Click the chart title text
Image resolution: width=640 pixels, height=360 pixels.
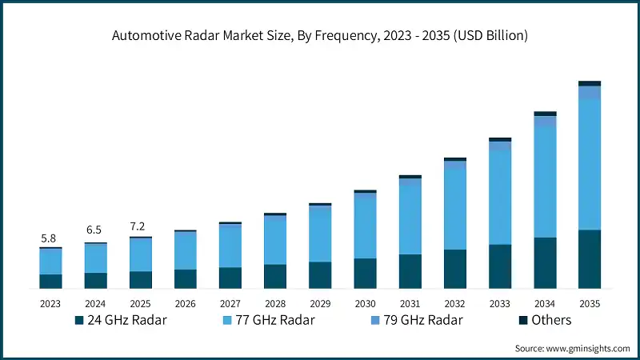pyautogui.click(x=320, y=36)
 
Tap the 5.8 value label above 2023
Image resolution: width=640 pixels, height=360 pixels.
pyautogui.click(x=50, y=238)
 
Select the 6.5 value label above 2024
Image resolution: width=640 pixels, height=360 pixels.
pyautogui.click(x=95, y=230)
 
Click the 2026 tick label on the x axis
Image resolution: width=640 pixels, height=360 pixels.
pyautogui.click(x=185, y=304)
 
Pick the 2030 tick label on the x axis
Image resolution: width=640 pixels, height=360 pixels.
pyautogui.click(x=365, y=304)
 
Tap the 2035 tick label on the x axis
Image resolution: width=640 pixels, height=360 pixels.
pyautogui.click(x=590, y=304)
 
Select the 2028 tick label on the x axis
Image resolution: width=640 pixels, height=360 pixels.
pyautogui.click(x=275, y=304)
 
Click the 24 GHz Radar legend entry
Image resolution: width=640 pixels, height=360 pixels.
pyautogui.click(x=119, y=320)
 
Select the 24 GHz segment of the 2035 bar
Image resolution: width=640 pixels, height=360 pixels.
pyautogui.click(x=590, y=258)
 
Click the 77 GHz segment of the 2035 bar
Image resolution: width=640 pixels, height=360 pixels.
pyautogui.click(x=590, y=164)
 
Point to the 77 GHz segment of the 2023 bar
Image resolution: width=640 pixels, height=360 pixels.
pyautogui.click(x=50, y=262)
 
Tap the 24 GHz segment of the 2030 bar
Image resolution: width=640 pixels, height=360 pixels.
pyautogui.click(x=365, y=273)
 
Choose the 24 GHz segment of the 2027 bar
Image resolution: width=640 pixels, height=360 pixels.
pyautogui.click(x=230, y=278)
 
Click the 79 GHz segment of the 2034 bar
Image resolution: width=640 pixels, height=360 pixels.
pyautogui.click(x=545, y=122)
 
